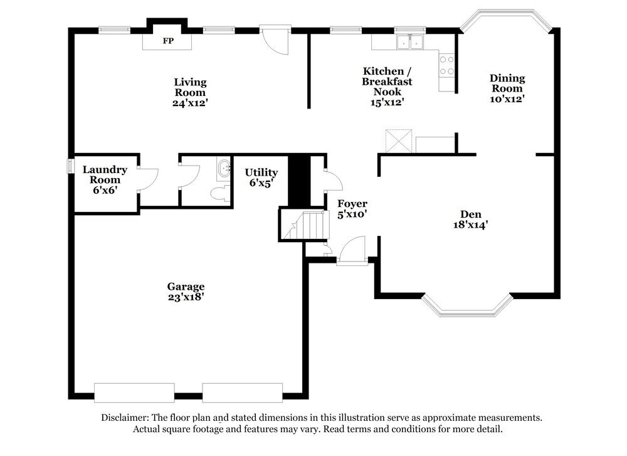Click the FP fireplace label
coord(168,41)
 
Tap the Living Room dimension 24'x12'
coord(190,103)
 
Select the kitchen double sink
coord(410,42)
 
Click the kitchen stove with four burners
coord(446,66)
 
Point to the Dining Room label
coord(507,83)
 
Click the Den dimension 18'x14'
coord(470,225)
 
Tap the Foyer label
coord(352,204)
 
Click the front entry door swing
coord(352,251)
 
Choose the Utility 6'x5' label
coord(261,178)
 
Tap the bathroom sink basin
coord(224,168)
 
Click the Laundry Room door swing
coord(148,179)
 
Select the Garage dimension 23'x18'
coord(186,297)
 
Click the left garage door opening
coord(134,393)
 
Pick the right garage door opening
coord(242,393)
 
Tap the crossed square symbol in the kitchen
coord(399,141)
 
